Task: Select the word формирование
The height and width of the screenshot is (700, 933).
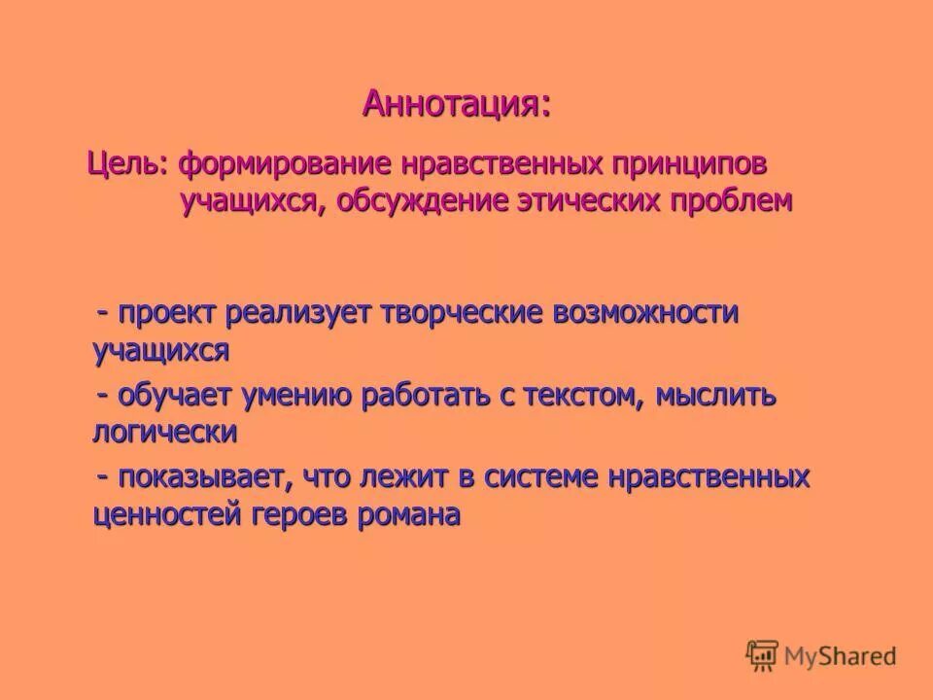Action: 276,162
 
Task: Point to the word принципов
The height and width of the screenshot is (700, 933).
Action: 674,162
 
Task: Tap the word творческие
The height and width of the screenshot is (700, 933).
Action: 466,315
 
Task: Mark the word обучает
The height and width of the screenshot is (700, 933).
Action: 178,397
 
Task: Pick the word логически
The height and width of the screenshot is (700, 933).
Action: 164,432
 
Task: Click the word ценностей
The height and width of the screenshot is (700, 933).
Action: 165,514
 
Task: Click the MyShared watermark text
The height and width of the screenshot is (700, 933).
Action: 842,656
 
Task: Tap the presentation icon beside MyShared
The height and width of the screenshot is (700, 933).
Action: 763,654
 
